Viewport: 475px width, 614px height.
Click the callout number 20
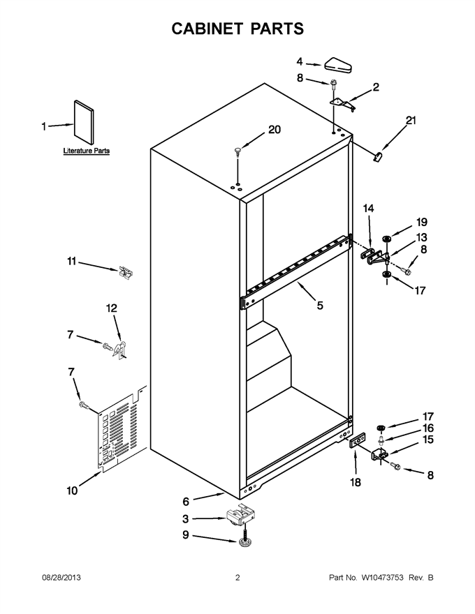point(275,130)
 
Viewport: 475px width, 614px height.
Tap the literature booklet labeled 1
point(84,123)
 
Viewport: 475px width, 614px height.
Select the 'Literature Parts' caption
point(86,151)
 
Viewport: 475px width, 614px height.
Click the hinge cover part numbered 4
point(338,65)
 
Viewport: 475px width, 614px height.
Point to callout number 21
point(411,121)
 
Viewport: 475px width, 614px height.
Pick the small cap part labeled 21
point(378,156)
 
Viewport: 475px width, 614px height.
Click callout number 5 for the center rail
point(320,306)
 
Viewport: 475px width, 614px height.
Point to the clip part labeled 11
point(126,272)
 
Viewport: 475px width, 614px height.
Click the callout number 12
point(112,308)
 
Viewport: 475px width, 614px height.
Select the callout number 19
point(422,222)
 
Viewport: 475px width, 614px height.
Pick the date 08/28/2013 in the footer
point(61,577)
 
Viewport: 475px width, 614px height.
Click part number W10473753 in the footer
point(382,577)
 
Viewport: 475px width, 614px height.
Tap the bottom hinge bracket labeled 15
point(379,455)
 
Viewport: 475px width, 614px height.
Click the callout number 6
point(186,502)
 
